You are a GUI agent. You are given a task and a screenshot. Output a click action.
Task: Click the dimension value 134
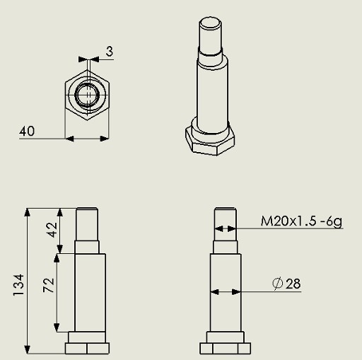pos(18,285)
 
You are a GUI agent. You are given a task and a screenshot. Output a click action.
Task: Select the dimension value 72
pos(48,285)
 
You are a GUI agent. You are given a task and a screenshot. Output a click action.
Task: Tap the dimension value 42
pos(52,230)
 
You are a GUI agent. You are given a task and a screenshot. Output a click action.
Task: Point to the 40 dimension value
pos(27,131)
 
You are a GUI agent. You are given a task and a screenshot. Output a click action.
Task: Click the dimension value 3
pos(110,51)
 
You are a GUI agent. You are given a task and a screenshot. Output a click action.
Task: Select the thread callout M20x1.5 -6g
pos(301,221)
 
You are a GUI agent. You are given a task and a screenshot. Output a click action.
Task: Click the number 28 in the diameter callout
pos(293,284)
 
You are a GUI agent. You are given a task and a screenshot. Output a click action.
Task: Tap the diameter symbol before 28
pos(277,284)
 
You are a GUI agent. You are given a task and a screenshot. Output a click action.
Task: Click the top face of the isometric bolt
pos(211,23)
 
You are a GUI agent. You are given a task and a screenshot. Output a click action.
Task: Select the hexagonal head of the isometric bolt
pos(210,141)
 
